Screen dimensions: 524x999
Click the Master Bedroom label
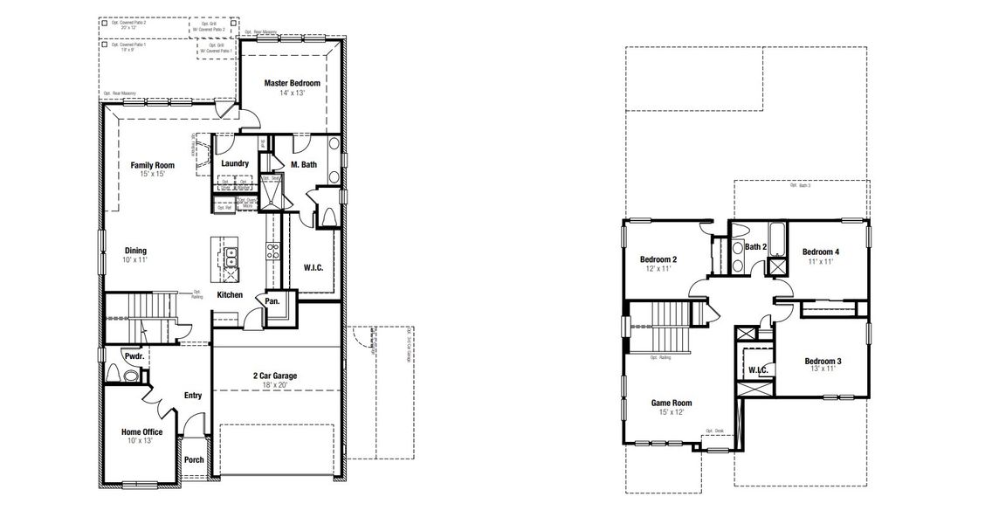pos(292,83)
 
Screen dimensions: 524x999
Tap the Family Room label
pos(153,165)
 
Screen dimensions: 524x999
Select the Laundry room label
pos(235,163)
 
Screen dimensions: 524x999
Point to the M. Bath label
pos(303,164)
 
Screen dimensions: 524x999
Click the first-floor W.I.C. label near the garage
pos(313,267)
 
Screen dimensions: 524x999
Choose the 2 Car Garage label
pos(275,376)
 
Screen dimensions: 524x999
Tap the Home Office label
pos(141,431)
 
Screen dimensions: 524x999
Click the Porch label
pos(194,460)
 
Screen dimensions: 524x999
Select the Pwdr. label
pos(134,357)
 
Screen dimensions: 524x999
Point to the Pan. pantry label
pos(272,300)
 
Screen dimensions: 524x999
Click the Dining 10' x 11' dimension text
pos(135,260)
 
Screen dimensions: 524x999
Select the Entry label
pos(193,396)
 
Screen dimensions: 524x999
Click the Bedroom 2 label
pos(658,259)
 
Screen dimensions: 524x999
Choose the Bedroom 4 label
pos(822,252)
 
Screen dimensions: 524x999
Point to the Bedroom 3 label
pos(823,361)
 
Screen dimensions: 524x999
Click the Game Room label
pos(671,403)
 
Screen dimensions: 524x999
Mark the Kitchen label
pos(230,295)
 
